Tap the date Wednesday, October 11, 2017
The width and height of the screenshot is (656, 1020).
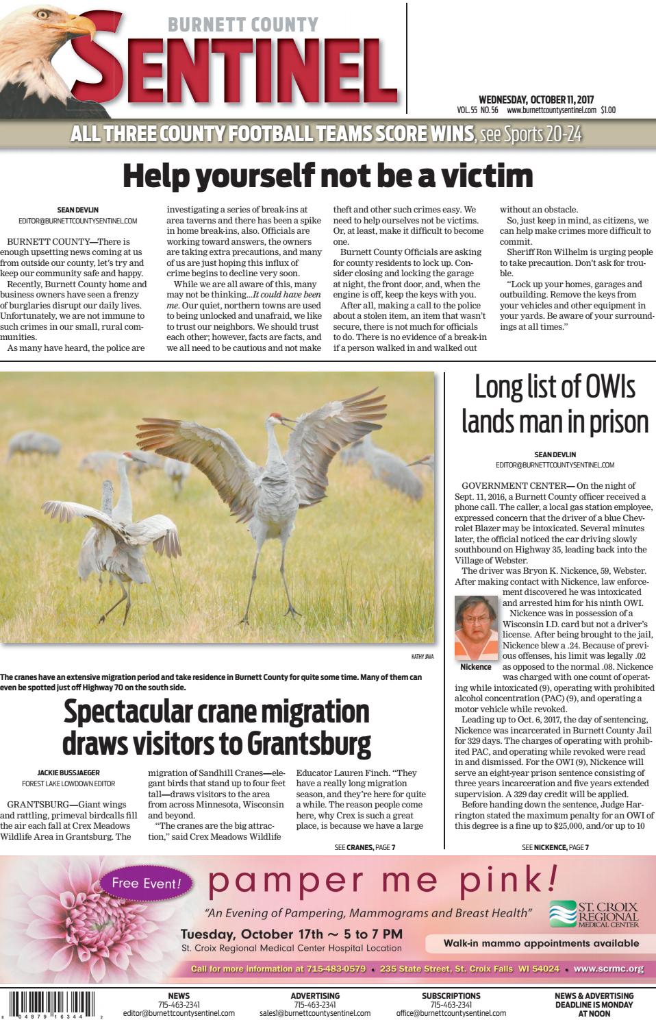click(535, 99)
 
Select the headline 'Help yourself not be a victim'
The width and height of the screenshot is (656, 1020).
click(327, 175)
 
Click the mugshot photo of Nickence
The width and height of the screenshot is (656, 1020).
click(476, 628)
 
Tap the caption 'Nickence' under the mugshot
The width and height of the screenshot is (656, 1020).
click(476, 667)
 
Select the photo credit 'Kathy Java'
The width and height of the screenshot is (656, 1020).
click(422, 657)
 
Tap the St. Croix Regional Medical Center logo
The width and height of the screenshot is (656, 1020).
click(593, 914)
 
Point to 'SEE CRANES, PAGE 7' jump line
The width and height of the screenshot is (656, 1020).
click(364, 848)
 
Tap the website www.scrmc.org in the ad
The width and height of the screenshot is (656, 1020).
click(608, 969)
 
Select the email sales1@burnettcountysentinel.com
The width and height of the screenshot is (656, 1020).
click(315, 1013)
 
